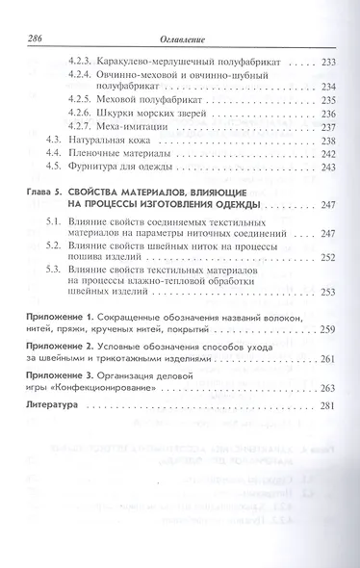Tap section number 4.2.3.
coord(90,61)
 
